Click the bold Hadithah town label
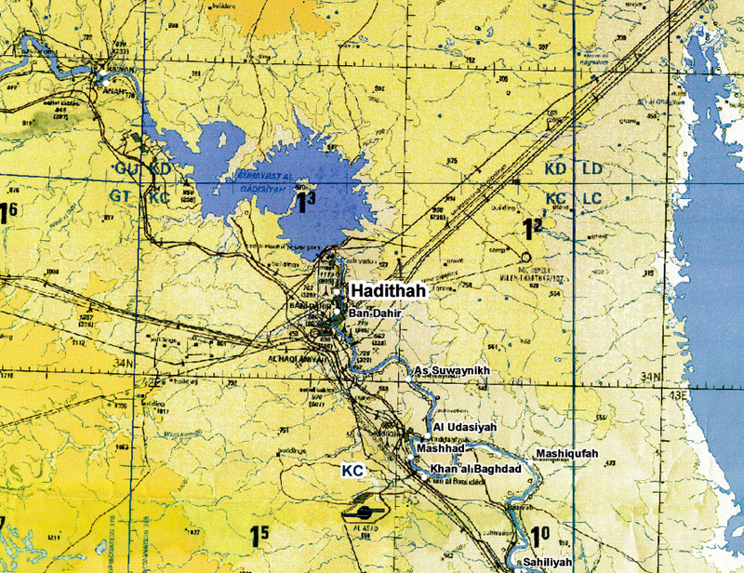(x=389, y=292)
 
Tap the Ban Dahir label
(x=372, y=315)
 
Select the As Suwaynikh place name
(x=450, y=372)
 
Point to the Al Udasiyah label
(x=465, y=427)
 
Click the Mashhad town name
(x=439, y=447)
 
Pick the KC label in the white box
(x=352, y=472)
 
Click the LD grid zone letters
(x=592, y=170)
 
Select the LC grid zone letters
(x=592, y=199)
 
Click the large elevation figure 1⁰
(x=541, y=538)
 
